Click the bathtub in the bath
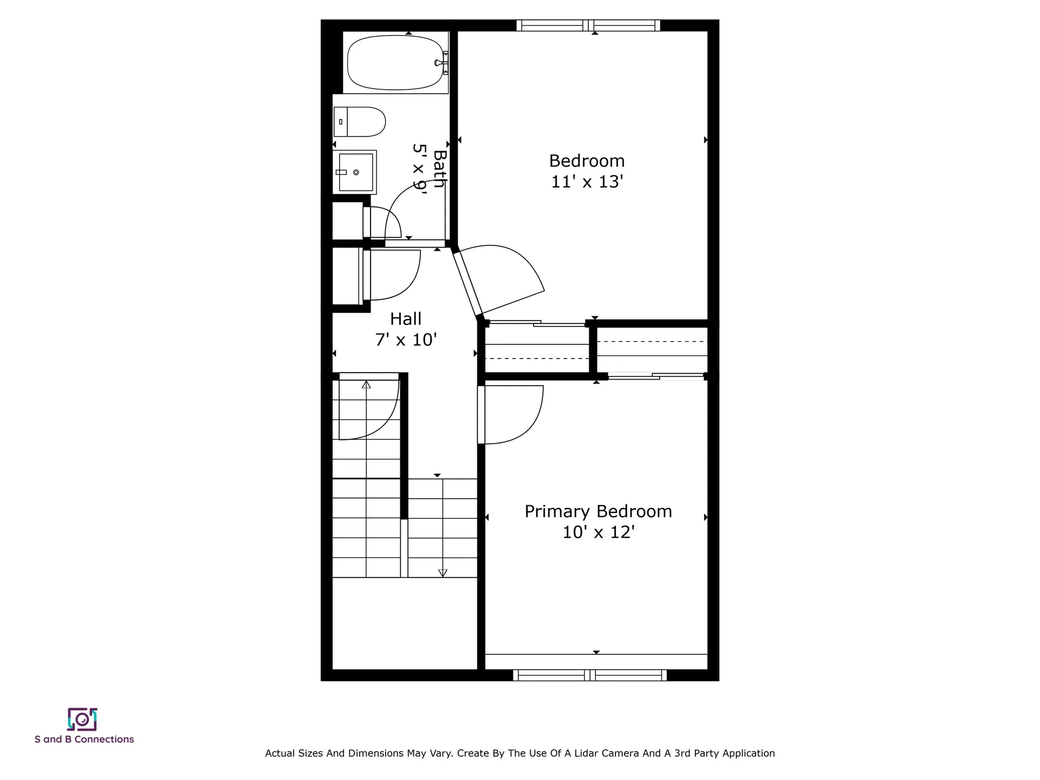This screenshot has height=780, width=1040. click(395, 62)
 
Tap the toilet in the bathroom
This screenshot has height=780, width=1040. click(360, 121)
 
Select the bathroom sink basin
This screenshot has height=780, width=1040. click(356, 172)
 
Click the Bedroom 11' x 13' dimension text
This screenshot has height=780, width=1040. click(587, 181)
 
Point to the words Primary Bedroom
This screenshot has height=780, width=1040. click(598, 511)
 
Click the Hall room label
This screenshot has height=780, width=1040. click(406, 318)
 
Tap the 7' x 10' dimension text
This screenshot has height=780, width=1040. click(406, 340)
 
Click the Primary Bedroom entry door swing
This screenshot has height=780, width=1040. click(512, 414)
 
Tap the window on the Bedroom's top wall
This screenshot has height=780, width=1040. click(588, 25)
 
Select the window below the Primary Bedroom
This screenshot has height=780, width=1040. click(590, 675)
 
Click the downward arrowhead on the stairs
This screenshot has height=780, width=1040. click(443, 573)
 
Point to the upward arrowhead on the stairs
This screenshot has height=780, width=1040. click(366, 385)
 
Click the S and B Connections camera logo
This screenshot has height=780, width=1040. click(82, 719)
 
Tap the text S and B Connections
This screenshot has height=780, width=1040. click(84, 739)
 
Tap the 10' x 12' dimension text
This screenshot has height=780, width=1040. click(598, 532)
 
